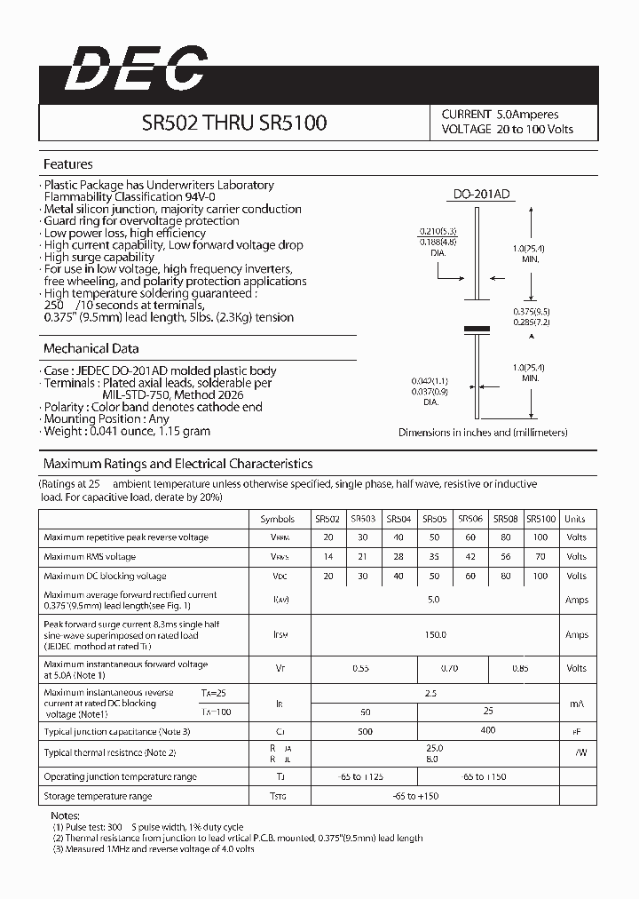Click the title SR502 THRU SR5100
point(234,123)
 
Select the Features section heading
point(68,164)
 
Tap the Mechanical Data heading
point(91,348)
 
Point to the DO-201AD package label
point(480,194)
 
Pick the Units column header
point(576,519)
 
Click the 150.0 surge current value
point(435,635)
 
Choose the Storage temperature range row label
point(98,796)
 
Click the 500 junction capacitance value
point(363,731)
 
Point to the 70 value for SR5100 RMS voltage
point(541,557)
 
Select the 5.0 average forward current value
point(435,600)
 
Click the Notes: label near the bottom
point(66,815)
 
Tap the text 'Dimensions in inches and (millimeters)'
point(483,433)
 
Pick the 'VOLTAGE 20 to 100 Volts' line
point(508,130)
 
